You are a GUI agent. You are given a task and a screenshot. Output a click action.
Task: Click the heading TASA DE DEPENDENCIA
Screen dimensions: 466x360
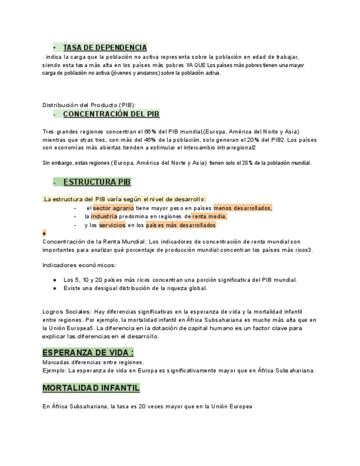(105, 48)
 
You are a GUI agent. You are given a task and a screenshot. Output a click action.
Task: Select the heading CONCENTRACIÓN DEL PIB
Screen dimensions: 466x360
(111, 114)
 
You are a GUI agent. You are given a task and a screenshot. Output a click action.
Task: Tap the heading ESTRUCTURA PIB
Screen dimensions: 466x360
(97, 182)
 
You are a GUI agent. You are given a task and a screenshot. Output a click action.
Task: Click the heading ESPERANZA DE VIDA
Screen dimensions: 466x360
(88, 352)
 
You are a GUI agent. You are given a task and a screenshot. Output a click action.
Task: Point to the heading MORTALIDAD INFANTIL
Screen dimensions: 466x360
(91, 388)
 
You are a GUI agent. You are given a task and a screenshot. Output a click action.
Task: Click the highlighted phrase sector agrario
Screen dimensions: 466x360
(113, 208)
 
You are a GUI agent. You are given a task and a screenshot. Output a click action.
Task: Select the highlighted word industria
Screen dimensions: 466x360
(104, 217)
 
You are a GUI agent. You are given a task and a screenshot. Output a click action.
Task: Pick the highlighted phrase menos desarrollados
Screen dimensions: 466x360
(242, 208)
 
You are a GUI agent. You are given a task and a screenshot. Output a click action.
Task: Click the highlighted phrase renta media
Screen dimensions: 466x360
(209, 217)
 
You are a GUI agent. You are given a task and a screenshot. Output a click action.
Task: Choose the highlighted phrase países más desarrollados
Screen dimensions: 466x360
(181, 225)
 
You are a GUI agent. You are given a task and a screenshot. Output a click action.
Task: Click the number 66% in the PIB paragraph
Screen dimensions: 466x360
(150, 131)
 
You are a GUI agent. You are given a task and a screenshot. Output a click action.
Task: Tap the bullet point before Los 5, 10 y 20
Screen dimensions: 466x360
(56, 280)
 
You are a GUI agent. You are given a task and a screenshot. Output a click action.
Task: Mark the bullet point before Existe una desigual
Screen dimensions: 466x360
(56, 288)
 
